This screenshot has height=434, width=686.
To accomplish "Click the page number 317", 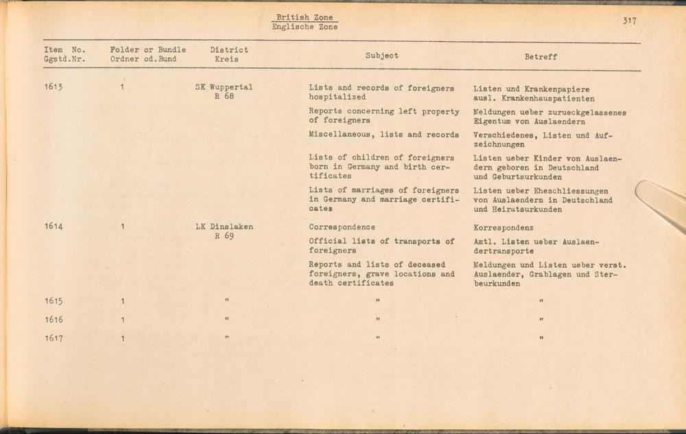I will (x=629, y=21).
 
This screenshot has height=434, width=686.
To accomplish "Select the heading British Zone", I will (x=305, y=18).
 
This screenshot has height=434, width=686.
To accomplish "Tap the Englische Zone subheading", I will (x=305, y=27).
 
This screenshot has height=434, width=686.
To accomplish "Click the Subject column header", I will (x=381, y=56).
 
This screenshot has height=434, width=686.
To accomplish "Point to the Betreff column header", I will (x=541, y=57).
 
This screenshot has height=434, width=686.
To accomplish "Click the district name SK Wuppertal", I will (x=224, y=88).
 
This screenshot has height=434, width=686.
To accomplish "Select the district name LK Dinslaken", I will (x=224, y=227).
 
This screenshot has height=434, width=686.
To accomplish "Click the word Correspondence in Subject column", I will (x=342, y=227).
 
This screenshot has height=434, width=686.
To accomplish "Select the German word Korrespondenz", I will (x=504, y=227).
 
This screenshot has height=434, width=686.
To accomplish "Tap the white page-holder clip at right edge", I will (x=660, y=203).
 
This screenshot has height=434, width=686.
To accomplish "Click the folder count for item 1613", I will (x=121, y=88).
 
